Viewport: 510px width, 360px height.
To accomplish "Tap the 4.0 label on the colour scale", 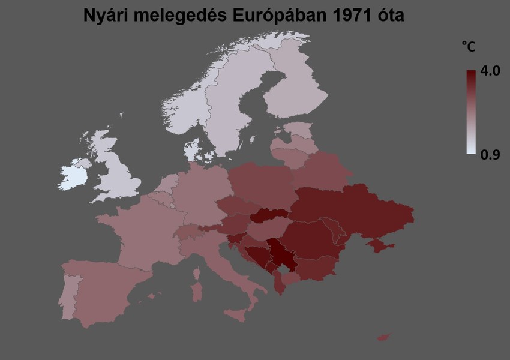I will click(x=490, y=71).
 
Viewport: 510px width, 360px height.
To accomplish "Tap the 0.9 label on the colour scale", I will click(x=490, y=155).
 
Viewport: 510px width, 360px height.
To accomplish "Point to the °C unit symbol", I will click(x=468, y=46).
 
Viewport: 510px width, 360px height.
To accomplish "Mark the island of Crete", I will click(x=383, y=338).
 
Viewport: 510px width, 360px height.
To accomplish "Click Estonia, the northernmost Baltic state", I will click(x=298, y=130).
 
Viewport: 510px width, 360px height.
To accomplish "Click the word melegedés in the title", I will click(x=179, y=16).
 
